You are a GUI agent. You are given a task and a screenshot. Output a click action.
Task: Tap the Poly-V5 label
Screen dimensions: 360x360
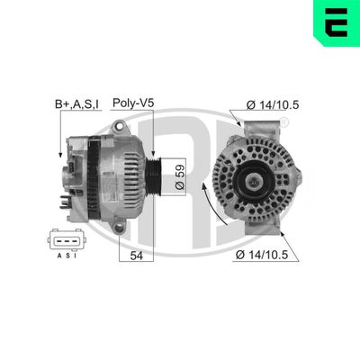tap(134, 104)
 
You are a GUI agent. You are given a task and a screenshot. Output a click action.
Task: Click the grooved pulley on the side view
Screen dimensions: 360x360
tap(155, 174)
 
